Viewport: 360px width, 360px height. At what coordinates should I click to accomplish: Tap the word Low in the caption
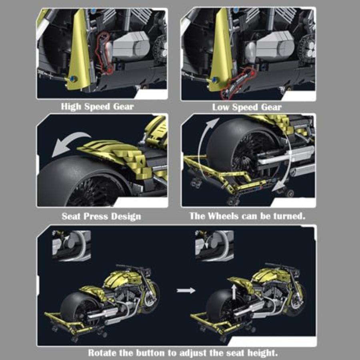pyautogui.click(x=221, y=107)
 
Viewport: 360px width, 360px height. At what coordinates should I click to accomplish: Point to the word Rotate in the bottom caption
pyautogui.click(x=103, y=353)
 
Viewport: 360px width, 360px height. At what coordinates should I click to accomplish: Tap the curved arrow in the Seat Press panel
pyautogui.click(x=68, y=144)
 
